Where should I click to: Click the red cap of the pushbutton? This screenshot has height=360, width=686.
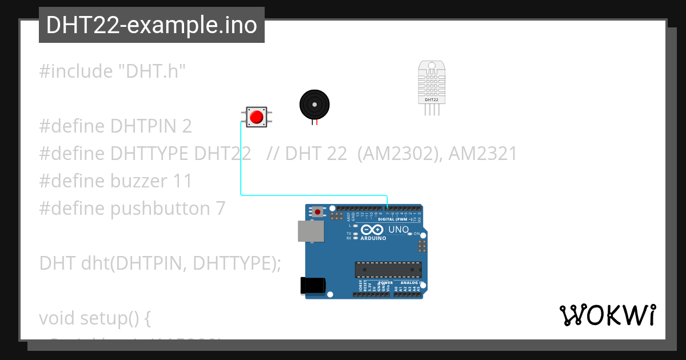coord(256,117)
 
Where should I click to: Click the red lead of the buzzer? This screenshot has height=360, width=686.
coord(317,122)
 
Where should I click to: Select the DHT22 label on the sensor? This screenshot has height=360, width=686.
coord(432,100)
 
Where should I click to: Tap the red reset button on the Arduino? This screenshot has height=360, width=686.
coord(317,212)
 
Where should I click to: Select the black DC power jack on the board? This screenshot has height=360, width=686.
coord(313,286)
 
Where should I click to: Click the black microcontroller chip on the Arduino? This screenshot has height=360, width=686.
coord(388,270)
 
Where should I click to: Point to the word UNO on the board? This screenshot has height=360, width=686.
coord(398,230)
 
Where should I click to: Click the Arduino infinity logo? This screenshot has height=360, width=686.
coord(372,230)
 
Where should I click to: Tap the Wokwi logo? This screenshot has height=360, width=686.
coord(607,315)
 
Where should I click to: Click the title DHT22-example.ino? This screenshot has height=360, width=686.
coord(151,25)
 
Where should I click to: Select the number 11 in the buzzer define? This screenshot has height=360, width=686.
coord(182,181)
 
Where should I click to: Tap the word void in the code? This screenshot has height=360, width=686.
coord(57,318)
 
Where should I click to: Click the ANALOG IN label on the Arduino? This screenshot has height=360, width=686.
coord(410,282)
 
